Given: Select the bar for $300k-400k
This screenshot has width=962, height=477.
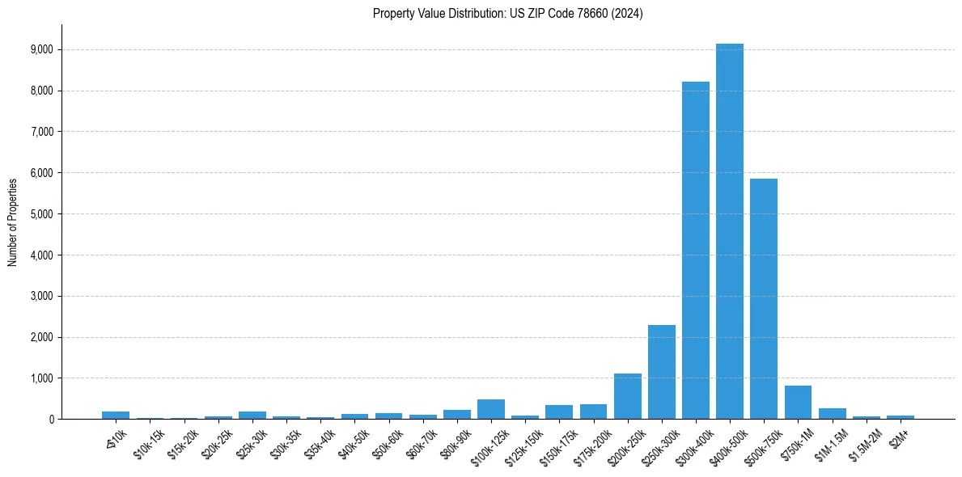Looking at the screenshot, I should tap(695, 251).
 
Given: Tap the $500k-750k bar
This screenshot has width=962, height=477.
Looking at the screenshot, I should tap(763, 299).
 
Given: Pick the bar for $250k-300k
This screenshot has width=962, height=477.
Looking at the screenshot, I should tap(661, 372).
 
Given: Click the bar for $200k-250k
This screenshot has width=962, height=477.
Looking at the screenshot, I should tap(627, 396).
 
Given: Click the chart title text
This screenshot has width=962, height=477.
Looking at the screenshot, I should tap(507, 14).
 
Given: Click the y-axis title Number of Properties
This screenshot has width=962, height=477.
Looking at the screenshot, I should tap(13, 222).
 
